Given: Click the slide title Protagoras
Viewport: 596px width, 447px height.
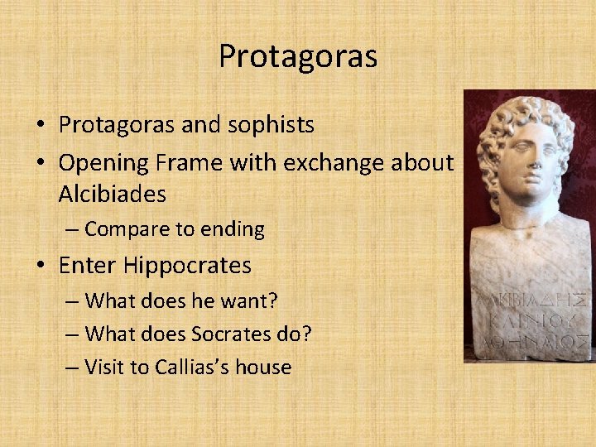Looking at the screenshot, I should [x=298, y=56].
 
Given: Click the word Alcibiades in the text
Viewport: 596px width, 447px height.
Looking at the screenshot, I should [x=112, y=195].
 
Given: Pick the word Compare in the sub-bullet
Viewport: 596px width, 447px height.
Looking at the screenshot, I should [x=123, y=229].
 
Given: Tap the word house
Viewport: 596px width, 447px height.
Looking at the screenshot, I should [x=264, y=367].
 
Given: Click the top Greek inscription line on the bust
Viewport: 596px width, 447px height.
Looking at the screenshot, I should [x=531, y=296].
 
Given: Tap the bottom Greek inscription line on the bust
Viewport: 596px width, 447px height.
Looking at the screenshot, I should [x=531, y=339].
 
